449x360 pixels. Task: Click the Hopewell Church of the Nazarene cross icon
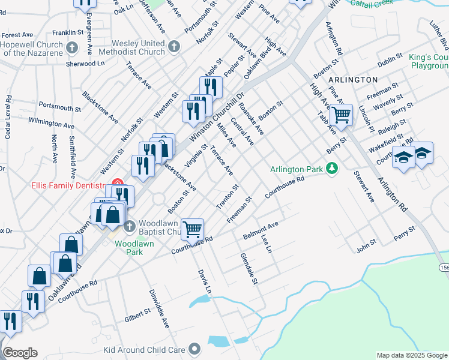[72, 47]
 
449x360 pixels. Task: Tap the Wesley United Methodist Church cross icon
[174, 47]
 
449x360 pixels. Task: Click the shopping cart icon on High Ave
[342, 113]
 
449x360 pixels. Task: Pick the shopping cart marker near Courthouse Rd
[192, 228]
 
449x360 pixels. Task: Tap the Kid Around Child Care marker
[194, 349]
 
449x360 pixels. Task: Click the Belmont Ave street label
[261, 230]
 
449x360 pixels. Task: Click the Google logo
[19, 353]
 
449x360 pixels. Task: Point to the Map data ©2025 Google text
[412, 355]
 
